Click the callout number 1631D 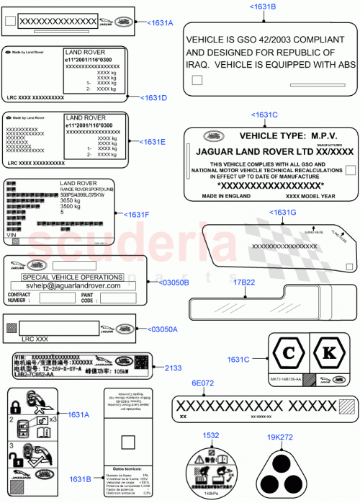tap(154, 97)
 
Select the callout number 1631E tap(153, 142)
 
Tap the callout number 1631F tap(137, 215)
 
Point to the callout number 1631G tap(282, 212)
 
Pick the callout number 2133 tap(174, 368)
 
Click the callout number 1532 tap(210, 435)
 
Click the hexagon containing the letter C tap(288, 354)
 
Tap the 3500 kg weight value tap(71, 206)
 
